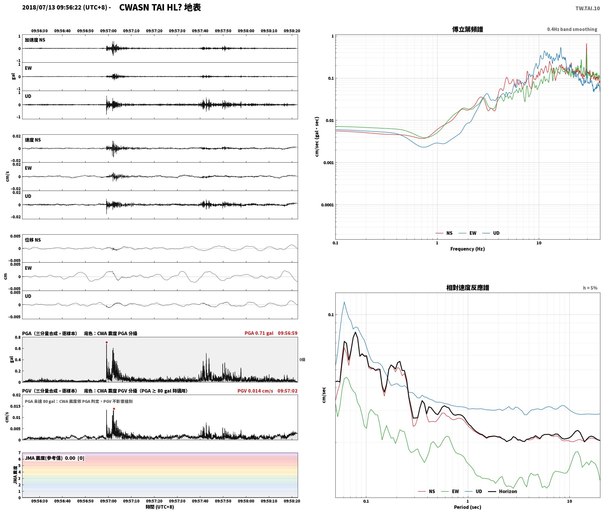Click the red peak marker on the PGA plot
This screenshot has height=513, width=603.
[107, 342]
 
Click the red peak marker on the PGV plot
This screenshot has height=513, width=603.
[114, 409]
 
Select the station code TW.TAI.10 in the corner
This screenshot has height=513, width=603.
[588, 8]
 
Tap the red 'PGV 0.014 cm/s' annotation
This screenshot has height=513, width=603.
[255, 391]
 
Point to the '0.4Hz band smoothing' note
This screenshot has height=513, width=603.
[572, 29]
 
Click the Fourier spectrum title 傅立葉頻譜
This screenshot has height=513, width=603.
[468, 29]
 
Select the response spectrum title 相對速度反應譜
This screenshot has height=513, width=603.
[468, 288]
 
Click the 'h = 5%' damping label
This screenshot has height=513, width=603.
[590, 288]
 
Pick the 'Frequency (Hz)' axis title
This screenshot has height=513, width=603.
[468, 249]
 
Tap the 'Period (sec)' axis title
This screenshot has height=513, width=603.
[468, 507]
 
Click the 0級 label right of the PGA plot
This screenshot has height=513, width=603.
[302, 360]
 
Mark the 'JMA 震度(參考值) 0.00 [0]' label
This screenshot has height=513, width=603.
[55, 458]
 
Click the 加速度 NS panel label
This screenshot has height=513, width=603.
[35, 40]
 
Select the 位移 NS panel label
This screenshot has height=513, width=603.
[33, 240]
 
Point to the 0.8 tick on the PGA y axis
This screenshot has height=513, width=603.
[18, 338]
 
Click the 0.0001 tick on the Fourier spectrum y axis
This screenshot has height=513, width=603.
[327, 205]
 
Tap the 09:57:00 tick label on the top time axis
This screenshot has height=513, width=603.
[108, 31]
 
